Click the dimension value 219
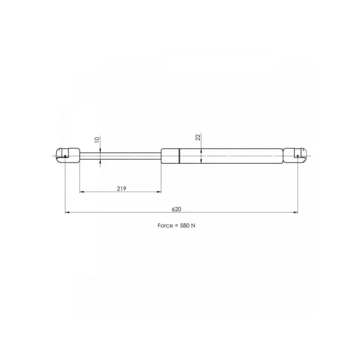point(121,189)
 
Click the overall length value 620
point(176,209)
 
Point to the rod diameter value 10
point(97,139)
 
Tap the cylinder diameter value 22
point(198,137)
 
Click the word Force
point(165,226)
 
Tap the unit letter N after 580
point(193,226)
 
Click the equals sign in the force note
point(176,226)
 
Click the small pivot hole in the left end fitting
point(65,156)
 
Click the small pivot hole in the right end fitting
point(297,156)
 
